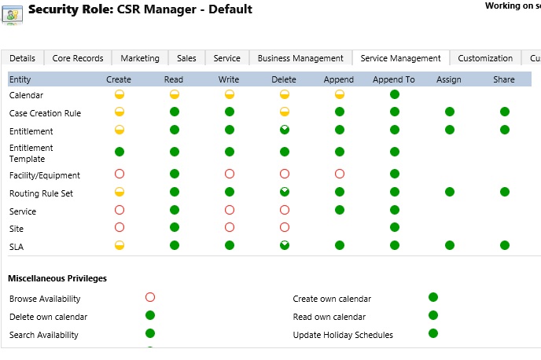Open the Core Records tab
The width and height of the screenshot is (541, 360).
coord(78,58)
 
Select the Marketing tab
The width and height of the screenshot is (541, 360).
coord(140,58)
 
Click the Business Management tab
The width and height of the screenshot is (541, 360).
coord(300,58)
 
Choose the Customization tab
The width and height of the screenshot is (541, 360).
coord(485,58)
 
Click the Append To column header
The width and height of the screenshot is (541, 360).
coord(394,79)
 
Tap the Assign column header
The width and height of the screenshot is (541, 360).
coord(448,79)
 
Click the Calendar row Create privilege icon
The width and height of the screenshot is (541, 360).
coord(120,94)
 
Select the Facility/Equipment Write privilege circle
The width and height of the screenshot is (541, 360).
coord(230,174)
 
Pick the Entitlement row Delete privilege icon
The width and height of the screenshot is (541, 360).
coord(285,130)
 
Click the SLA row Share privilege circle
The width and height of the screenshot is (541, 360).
coord(505,245)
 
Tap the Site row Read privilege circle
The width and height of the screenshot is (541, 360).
coord(175,227)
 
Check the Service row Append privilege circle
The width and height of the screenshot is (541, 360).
coord(340,210)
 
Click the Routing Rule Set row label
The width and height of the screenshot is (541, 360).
coord(41,193)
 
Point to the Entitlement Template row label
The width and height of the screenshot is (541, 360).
coord(31,153)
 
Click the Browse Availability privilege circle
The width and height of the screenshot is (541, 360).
coord(150,297)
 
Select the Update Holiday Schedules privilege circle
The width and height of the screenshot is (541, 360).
coord(433,333)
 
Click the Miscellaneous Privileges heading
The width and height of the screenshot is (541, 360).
coord(57,278)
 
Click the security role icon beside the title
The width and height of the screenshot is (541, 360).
coord(13,15)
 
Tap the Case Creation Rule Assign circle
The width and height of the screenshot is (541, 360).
coord(450,112)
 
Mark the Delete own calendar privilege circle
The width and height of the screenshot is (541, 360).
coord(150,315)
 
